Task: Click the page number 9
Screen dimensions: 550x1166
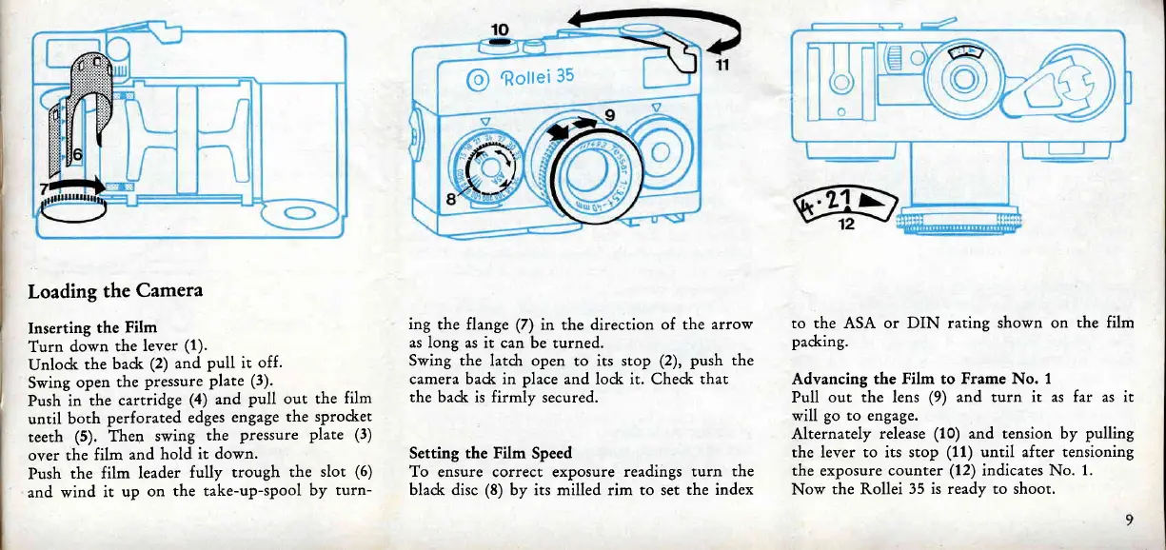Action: tap(1128, 520)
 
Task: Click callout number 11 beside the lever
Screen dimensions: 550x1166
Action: tap(721, 66)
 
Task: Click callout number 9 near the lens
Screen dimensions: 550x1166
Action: tap(612, 116)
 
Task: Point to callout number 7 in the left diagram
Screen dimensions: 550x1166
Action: tap(43, 187)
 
